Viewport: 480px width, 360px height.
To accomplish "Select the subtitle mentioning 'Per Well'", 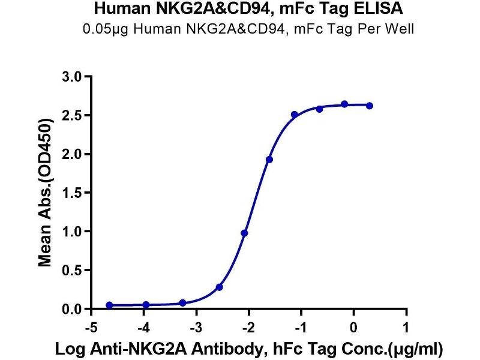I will click(x=240, y=28).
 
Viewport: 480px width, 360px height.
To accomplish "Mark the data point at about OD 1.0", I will click(x=244, y=233).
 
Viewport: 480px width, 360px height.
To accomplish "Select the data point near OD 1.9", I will click(x=269, y=160).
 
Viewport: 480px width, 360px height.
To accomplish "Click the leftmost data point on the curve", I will click(x=109, y=305).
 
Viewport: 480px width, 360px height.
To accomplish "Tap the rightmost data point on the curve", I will click(x=370, y=106).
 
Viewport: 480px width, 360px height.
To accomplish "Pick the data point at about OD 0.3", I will click(x=220, y=287).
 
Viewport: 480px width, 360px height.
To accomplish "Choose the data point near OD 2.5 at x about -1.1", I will click(x=295, y=115).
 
